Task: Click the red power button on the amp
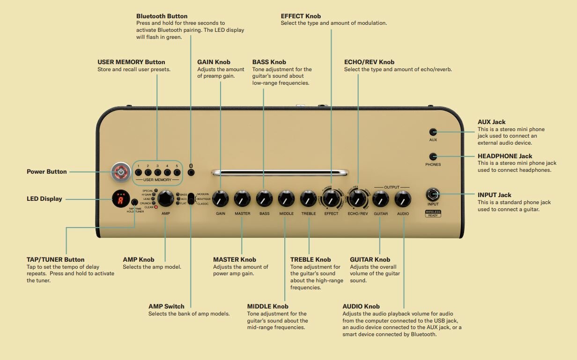tap(121, 172)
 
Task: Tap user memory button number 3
tap(157, 173)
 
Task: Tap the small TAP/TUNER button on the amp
tap(134, 202)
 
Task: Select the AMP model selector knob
tap(165, 198)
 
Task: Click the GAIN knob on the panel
tap(220, 199)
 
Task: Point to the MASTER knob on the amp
tap(242, 199)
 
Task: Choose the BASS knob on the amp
tap(264, 199)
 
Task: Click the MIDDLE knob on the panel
tap(286, 199)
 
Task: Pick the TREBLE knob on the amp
tap(308, 199)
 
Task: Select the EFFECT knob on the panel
tap(331, 199)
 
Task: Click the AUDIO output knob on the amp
tap(403, 199)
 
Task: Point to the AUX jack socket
tap(433, 132)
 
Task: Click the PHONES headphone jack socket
tap(433, 156)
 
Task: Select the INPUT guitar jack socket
tap(433, 194)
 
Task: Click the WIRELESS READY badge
tap(433, 213)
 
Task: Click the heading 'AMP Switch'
tap(166, 306)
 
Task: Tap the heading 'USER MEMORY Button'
tap(131, 62)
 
